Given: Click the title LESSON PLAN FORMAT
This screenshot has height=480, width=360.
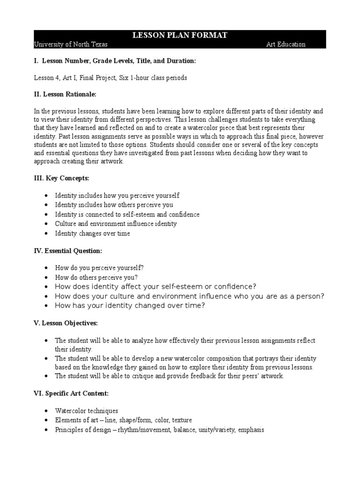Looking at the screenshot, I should (x=180, y=36).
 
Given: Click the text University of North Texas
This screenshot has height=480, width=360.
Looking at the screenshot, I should (x=71, y=45).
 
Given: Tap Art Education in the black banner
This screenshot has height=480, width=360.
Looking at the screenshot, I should (x=285, y=45).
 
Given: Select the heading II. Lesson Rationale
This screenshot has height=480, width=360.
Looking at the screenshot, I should (x=65, y=95).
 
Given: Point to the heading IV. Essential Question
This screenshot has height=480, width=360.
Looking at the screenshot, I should (x=67, y=251).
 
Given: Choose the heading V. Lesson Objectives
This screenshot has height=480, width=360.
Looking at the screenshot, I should (x=66, y=323).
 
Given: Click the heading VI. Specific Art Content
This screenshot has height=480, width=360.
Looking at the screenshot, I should (x=71, y=394).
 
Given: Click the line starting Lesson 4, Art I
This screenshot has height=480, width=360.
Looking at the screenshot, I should (x=111, y=78).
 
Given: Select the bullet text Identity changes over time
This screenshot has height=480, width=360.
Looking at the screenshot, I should (x=92, y=233).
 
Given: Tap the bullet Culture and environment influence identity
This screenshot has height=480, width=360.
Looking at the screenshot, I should (x=116, y=224).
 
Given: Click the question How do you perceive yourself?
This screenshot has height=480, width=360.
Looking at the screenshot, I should (x=99, y=268).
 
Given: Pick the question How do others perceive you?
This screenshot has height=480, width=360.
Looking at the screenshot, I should (x=96, y=277).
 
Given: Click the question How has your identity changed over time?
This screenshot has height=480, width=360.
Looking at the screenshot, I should (x=130, y=306).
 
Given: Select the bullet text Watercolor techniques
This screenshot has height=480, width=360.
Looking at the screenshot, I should (x=86, y=411).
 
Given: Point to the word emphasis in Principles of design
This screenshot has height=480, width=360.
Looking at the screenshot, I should (x=251, y=429).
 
